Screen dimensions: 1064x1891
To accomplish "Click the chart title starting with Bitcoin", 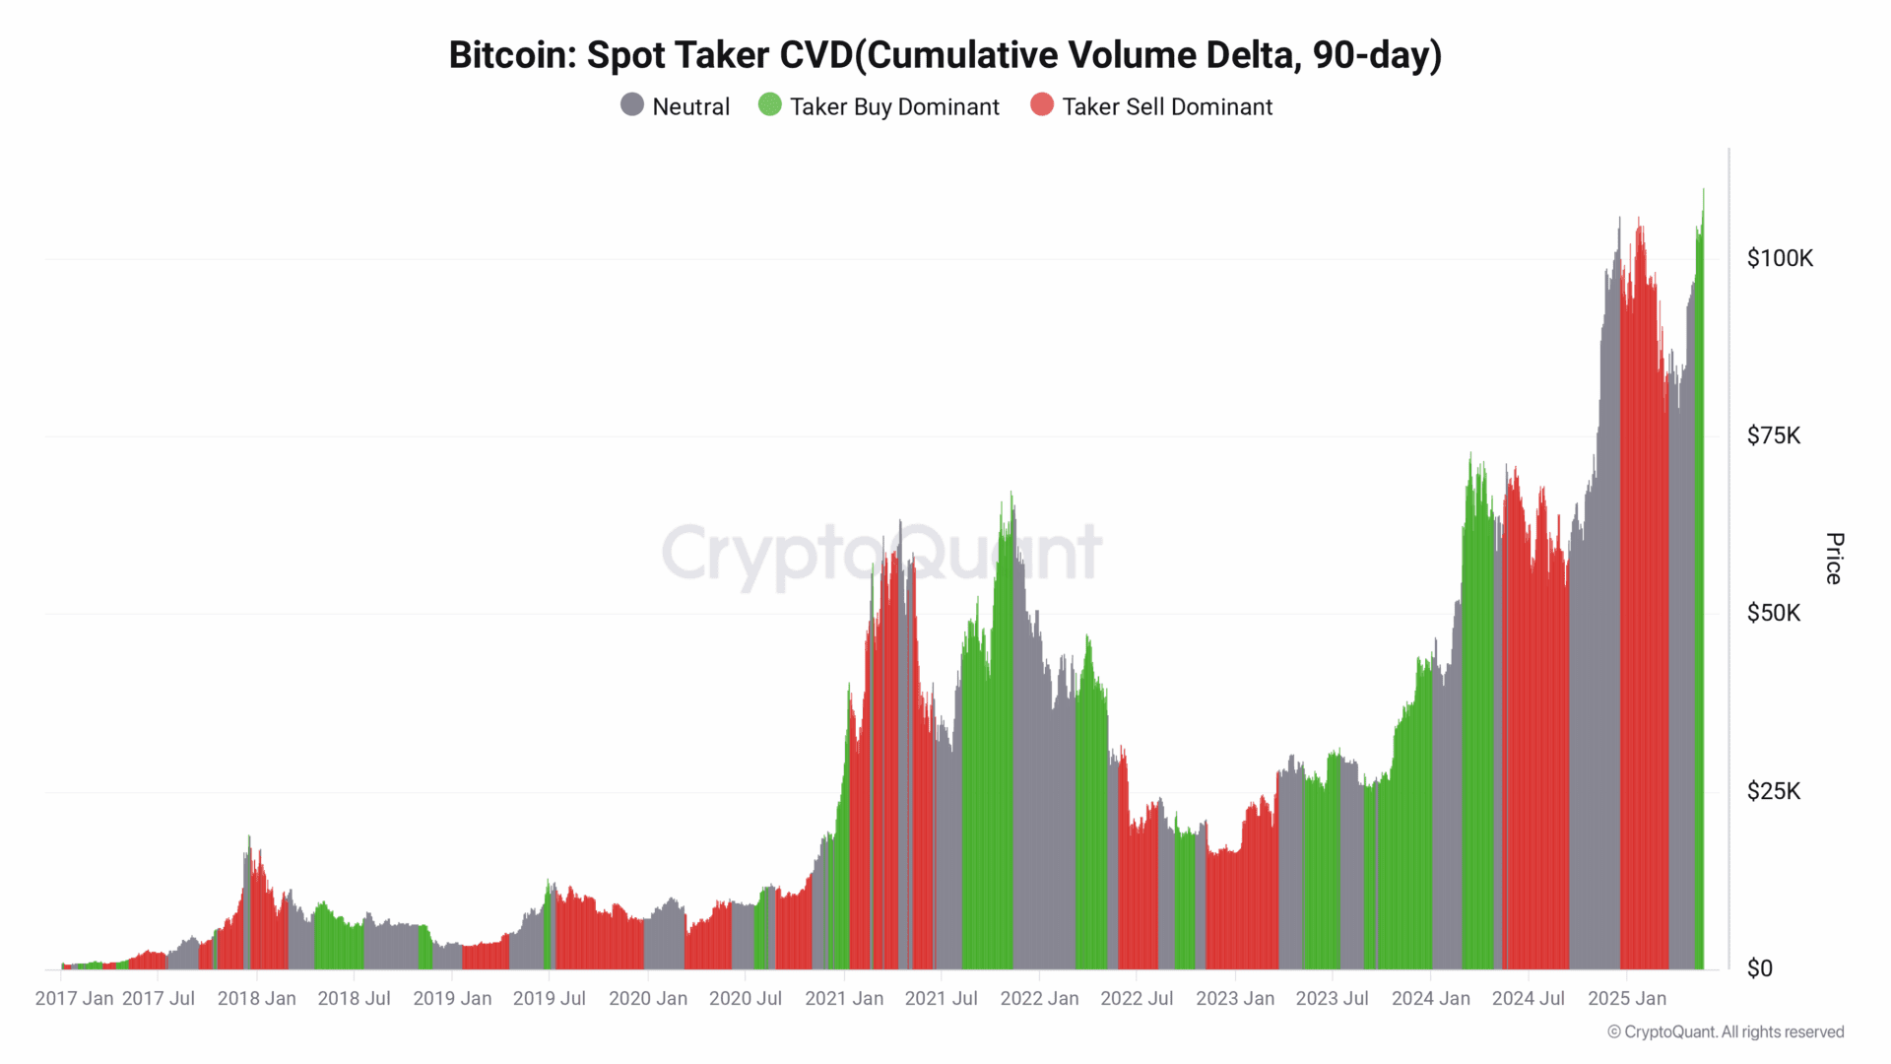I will click(x=945, y=55).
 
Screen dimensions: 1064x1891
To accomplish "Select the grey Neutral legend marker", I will click(x=632, y=104).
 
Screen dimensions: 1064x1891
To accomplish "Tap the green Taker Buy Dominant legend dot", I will click(x=770, y=104).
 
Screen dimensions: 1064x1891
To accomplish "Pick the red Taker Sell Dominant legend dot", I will click(x=1042, y=104).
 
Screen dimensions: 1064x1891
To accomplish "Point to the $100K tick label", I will click(x=1780, y=258).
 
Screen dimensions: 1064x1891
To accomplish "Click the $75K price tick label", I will click(x=1774, y=435).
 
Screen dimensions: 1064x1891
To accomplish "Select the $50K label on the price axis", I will click(x=1774, y=613).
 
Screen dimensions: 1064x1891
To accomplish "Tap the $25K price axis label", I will click(x=1774, y=791).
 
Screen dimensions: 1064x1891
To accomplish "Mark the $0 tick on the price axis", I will click(x=1760, y=968).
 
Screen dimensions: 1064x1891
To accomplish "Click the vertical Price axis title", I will click(x=1834, y=559).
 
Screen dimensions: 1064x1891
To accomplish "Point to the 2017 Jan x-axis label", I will click(x=74, y=998).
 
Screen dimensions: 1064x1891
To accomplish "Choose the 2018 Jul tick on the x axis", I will click(x=354, y=998).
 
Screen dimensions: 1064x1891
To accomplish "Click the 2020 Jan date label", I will click(x=648, y=998).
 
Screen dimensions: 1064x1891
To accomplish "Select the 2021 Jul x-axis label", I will click(x=941, y=998).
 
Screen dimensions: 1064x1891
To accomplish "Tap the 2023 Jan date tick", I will click(x=1235, y=998).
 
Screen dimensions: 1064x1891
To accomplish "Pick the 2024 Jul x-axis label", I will click(x=1528, y=998).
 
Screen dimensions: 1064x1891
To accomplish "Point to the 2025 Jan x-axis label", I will click(x=1627, y=998).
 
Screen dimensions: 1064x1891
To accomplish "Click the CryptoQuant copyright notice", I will click(x=1726, y=1031).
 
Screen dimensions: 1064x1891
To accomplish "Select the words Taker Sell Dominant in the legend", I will click(x=1167, y=106).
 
